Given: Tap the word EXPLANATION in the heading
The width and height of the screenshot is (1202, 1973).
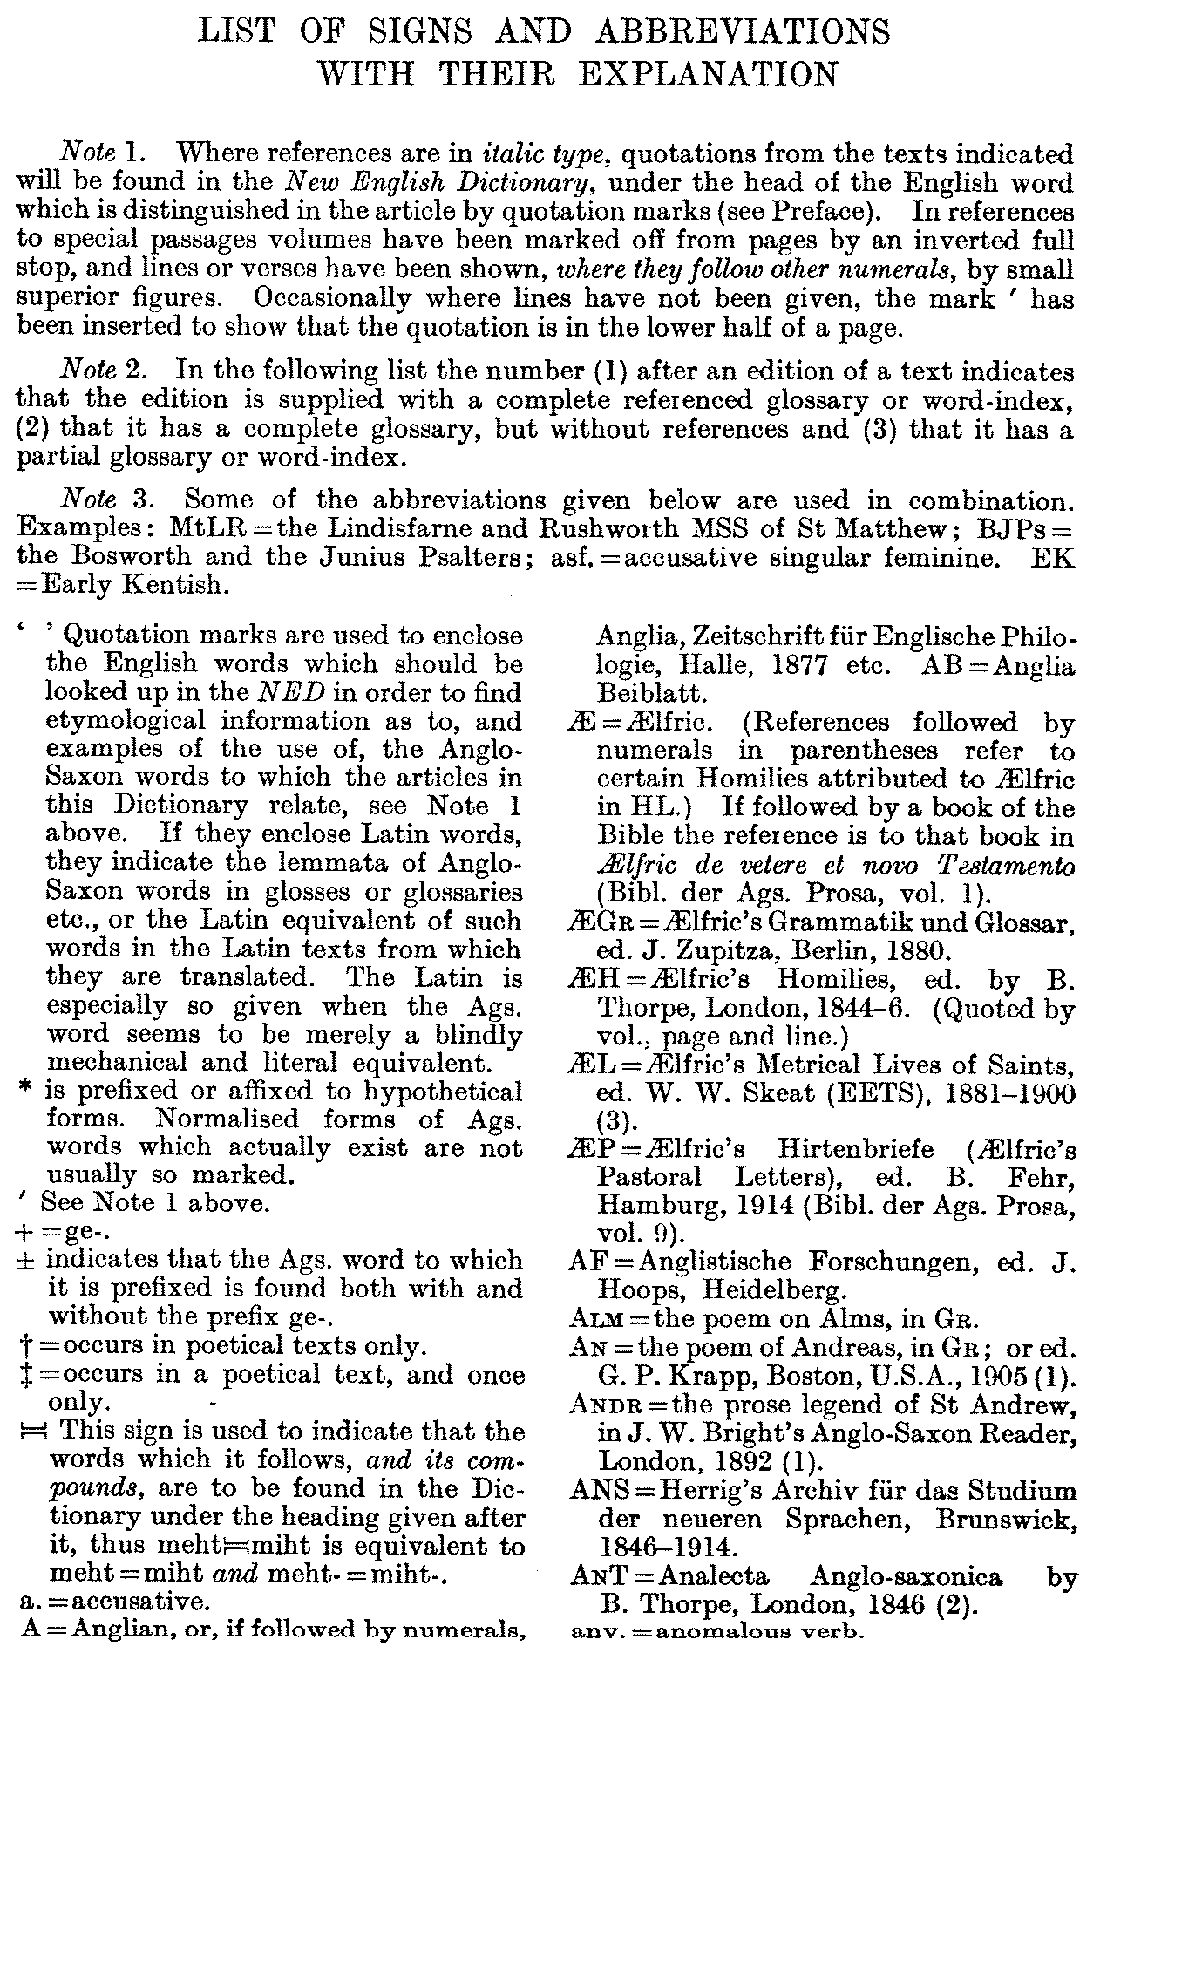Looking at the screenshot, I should click(x=708, y=75).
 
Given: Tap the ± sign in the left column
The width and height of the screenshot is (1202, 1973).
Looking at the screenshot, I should click(x=26, y=1261).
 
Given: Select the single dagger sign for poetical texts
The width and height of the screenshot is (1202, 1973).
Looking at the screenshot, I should click(x=24, y=1346).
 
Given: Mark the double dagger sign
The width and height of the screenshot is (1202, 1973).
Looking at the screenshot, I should click(x=24, y=1375).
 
